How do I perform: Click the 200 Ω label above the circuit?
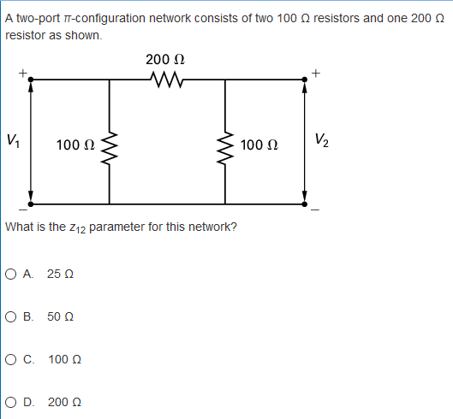(166, 60)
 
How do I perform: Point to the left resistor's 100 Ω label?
(75, 145)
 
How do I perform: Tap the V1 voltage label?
(13, 140)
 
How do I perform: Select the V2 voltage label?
(321, 139)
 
